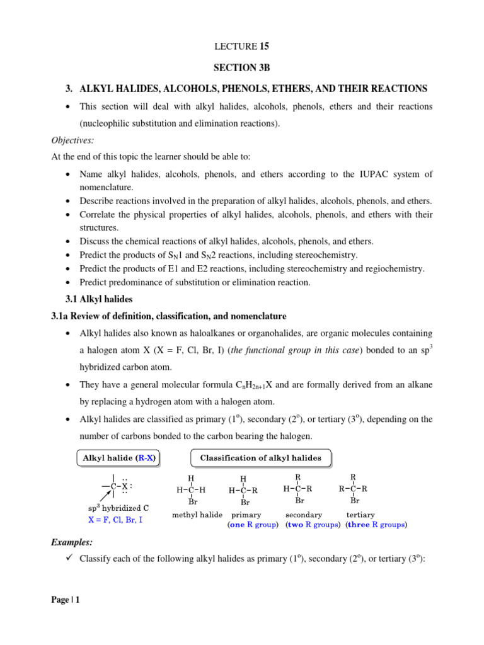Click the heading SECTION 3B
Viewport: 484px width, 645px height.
point(242,67)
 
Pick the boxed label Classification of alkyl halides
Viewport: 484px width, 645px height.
point(260,458)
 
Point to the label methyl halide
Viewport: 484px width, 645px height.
point(197,515)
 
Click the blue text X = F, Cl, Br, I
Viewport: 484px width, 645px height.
point(115,520)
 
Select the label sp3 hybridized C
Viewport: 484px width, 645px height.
point(118,508)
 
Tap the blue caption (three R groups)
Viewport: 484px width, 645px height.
point(377,524)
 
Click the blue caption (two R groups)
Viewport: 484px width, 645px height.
point(313,524)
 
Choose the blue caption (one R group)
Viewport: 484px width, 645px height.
point(253,524)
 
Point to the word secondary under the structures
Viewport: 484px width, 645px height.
point(304,515)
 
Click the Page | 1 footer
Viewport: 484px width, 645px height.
point(66,600)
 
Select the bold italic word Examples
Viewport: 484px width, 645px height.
point(72,542)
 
